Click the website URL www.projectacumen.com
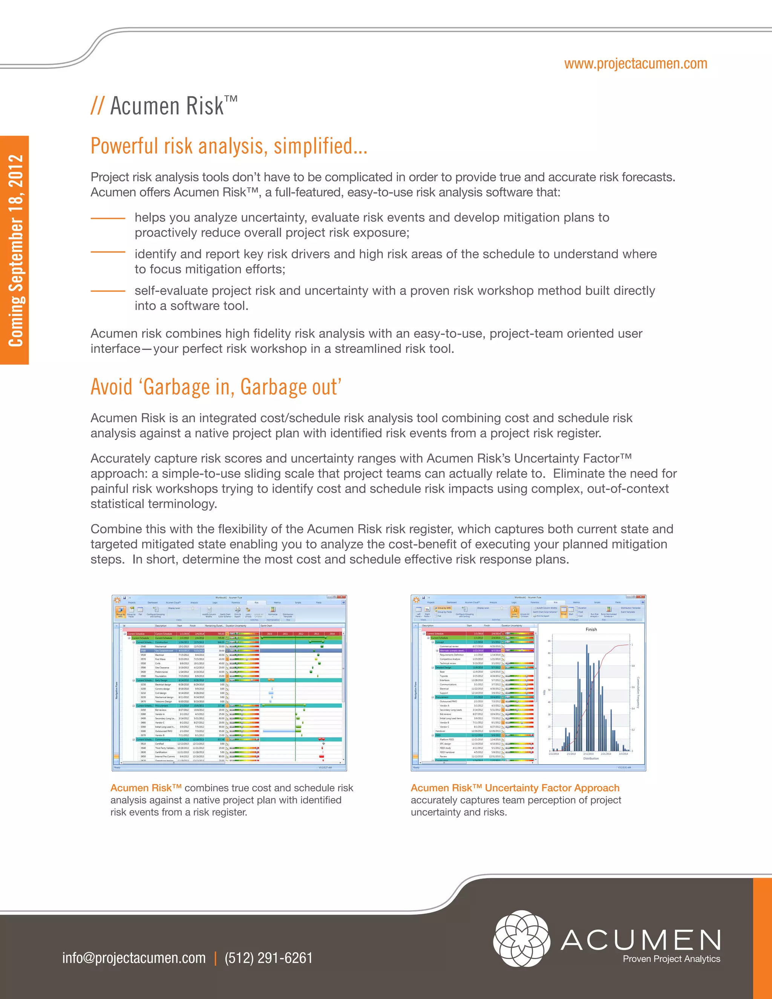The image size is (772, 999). point(635,64)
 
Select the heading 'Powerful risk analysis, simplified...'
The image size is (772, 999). point(229,146)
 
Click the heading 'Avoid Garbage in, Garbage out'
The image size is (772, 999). point(216,387)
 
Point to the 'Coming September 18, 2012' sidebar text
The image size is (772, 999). point(15,250)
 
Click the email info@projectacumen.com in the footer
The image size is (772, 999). point(134,958)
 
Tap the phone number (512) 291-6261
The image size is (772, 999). point(268,958)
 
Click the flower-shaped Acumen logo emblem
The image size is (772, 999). point(521,938)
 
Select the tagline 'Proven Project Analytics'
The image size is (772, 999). point(671,958)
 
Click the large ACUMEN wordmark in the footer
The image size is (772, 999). point(640,939)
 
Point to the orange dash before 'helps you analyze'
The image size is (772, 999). point(108,219)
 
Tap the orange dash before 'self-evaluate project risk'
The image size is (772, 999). point(108,290)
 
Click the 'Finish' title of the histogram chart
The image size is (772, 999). point(591,630)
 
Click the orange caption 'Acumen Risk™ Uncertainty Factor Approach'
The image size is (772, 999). point(515,788)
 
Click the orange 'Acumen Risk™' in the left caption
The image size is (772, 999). point(146,788)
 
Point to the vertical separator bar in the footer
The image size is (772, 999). point(215,958)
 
